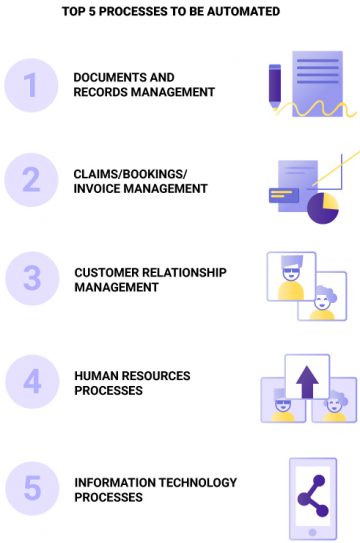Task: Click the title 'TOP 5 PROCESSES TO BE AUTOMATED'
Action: pyautogui.click(x=180, y=12)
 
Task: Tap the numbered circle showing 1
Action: pyautogui.click(x=32, y=85)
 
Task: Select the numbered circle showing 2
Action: pyautogui.click(x=32, y=180)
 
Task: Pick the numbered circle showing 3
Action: pyautogui.click(x=32, y=279)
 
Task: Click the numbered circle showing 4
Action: pyautogui.click(x=32, y=383)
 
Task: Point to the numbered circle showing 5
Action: pyautogui.click(x=32, y=489)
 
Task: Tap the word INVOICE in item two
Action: pyautogui.click(x=97, y=188)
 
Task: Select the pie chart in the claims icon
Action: pyautogui.click(x=322, y=208)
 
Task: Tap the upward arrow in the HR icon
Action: pyautogui.click(x=307, y=379)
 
